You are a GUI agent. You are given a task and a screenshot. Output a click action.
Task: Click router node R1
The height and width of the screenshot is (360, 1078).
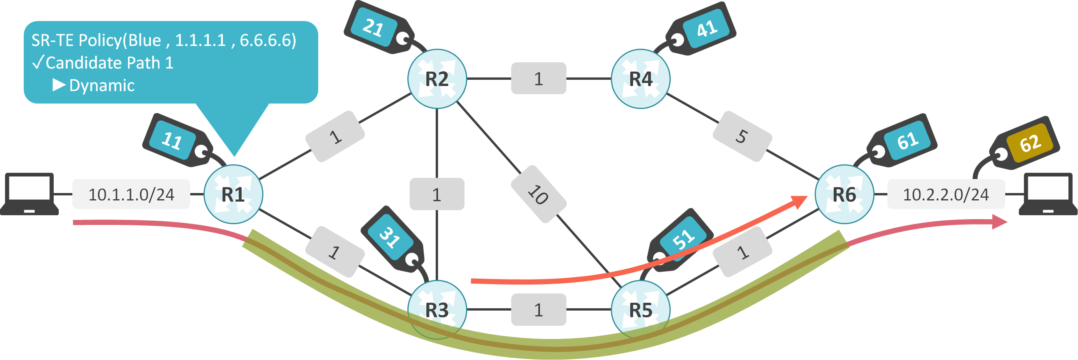click(233, 194)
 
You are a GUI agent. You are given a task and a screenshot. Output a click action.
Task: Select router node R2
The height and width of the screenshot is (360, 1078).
click(437, 79)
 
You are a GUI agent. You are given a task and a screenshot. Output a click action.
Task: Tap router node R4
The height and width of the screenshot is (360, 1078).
click(640, 79)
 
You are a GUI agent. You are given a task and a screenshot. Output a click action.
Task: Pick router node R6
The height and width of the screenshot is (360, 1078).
click(844, 194)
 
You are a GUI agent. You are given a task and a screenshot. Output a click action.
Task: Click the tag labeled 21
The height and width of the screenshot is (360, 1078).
click(373, 28)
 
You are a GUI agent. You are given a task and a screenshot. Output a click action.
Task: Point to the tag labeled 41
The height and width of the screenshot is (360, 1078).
click(706, 28)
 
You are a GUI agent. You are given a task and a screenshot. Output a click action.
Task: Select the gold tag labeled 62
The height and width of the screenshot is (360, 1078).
click(1029, 143)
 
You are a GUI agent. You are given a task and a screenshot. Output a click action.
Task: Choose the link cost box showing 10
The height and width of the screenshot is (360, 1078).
click(538, 194)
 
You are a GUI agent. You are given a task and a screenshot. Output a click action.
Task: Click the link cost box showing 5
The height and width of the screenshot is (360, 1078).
click(742, 137)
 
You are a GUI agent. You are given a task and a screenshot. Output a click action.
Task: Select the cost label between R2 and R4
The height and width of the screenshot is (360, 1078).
click(538, 79)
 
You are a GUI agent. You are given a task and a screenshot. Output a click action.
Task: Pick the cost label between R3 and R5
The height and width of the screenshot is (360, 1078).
click(538, 310)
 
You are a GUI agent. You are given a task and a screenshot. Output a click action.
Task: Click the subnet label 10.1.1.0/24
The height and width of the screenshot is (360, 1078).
click(131, 194)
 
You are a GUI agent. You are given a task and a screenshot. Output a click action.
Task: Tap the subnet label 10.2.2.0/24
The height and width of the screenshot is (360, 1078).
click(946, 194)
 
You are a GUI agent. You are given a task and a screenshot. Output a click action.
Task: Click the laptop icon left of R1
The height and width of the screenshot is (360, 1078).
click(29, 194)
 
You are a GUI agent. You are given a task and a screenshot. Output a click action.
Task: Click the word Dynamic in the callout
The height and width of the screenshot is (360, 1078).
click(102, 85)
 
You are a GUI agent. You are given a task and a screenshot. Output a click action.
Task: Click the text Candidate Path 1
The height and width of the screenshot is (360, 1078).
click(109, 63)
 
